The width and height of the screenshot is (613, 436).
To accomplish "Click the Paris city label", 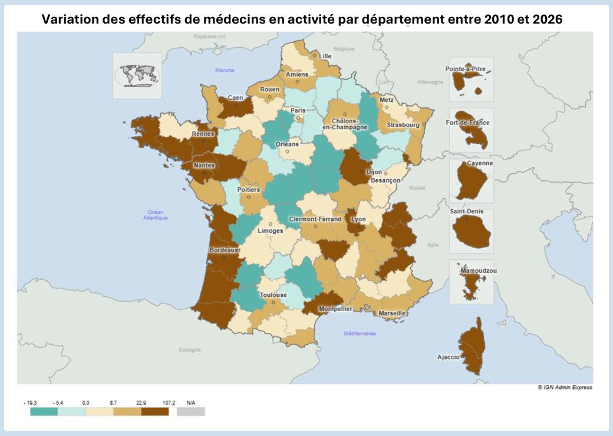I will [298, 110].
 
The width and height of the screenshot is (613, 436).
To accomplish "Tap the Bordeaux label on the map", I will [224, 250].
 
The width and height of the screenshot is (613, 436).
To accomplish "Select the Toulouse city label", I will [273, 295].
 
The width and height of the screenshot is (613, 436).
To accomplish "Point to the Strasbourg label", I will [403, 125].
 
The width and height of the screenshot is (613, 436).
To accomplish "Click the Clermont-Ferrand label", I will [315, 219].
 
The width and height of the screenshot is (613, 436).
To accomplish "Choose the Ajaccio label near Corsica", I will [449, 357].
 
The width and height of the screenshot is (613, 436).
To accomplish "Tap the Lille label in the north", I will [325, 56].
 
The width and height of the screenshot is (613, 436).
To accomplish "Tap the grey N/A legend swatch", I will [190, 411].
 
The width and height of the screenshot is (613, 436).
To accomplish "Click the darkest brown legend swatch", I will [155, 411].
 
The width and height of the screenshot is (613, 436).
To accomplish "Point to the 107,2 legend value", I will [169, 402].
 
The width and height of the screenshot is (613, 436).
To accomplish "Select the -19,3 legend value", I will [30, 402].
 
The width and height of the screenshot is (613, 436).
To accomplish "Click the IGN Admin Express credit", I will [565, 387].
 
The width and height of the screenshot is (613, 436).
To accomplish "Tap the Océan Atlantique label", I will [156, 215].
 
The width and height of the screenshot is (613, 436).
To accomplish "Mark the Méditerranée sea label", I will [360, 333].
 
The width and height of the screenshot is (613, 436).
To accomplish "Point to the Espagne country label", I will [190, 349].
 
